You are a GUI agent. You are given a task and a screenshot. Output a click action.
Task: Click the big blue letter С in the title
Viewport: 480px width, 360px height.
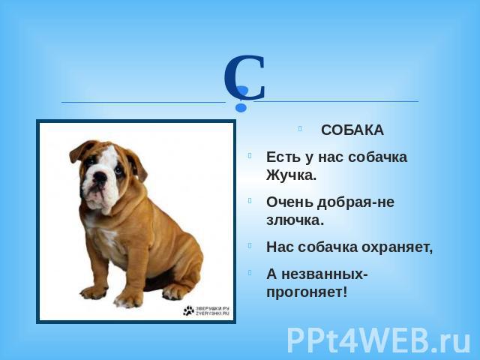click(244, 76)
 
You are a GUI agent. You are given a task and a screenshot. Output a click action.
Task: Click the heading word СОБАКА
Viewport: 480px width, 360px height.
click(352, 130)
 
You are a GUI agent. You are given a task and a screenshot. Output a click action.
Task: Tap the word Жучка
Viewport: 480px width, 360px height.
click(291, 175)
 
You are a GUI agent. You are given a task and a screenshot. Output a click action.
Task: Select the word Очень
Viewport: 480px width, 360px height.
click(289, 202)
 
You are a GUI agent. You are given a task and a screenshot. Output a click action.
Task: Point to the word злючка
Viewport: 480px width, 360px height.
click(295, 220)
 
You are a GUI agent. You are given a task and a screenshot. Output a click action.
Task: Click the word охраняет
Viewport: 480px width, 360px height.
click(397, 247)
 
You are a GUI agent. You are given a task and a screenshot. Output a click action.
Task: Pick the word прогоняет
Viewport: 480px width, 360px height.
click(307, 292)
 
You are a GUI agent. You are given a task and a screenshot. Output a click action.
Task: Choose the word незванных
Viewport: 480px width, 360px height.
click(325, 274)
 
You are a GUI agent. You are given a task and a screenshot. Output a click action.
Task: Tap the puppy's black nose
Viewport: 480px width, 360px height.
click(100, 177)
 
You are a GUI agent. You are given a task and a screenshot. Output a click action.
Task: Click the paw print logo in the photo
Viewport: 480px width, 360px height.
click(188, 310)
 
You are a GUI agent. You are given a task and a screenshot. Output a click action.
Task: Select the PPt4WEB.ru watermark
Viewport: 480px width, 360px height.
click(378, 340)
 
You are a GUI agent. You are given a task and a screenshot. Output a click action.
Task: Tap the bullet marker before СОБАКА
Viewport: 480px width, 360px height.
click(300, 128)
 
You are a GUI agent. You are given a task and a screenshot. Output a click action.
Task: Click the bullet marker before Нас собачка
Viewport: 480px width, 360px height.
click(250, 245)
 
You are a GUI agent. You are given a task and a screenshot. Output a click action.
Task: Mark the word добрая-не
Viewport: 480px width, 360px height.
click(355, 202)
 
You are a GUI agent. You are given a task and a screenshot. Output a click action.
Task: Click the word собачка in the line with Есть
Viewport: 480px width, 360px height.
click(378, 157)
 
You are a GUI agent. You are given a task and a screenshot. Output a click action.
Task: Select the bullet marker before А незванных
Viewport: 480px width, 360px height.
click(250, 272)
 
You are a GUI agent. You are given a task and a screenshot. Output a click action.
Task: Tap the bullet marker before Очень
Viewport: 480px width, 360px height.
click(250, 200)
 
